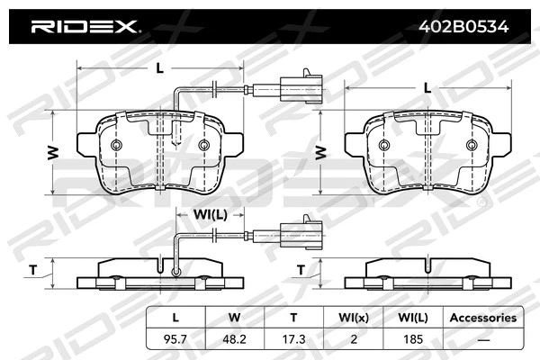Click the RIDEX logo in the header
coord(85,26)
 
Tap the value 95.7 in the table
coord(175,338)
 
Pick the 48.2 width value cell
coord(234,338)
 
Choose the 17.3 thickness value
coord(292,338)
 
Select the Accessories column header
coord(482,318)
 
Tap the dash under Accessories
coord(482,338)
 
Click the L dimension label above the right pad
coord(427,86)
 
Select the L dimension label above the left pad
coord(158,67)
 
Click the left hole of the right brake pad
coord(384,146)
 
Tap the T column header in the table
coord(292,318)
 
